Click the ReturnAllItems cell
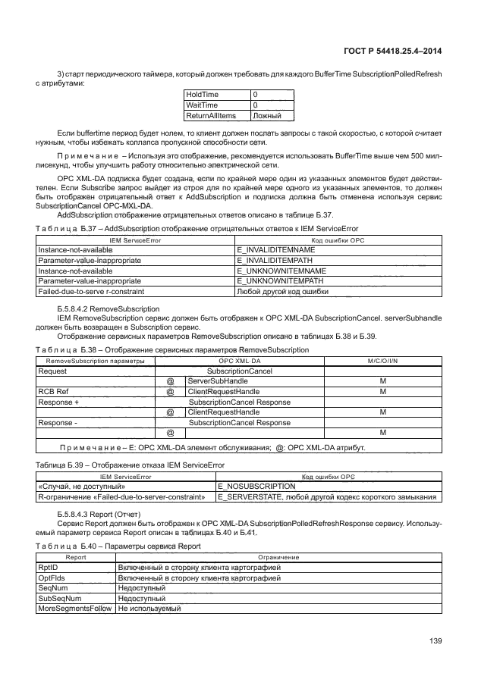[x=211, y=116]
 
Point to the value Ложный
[x=267, y=116]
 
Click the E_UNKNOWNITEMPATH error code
[x=271, y=281]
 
